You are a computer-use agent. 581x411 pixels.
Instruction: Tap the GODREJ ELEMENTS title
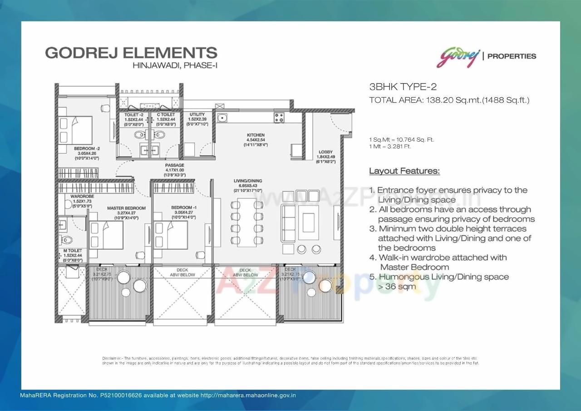(x=131, y=52)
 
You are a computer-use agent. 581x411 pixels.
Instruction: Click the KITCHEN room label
(x=256, y=135)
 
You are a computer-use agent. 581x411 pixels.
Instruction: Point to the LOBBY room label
(x=325, y=152)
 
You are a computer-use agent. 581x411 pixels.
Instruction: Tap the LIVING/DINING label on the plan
(x=248, y=181)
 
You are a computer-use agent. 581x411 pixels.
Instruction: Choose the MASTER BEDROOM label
(x=126, y=208)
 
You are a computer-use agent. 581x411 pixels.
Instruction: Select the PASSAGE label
(x=174, y=165)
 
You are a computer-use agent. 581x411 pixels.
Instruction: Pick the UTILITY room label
(x=197, y=114)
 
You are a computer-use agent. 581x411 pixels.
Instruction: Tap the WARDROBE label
(x=82, y=196)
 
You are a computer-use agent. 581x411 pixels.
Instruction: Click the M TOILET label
(x=73, y=251)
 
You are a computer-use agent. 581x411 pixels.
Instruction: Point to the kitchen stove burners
(x=279, y=118)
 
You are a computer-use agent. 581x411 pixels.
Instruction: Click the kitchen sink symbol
(x=222, y=118)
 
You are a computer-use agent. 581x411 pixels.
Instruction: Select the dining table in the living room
(x=247, y=223)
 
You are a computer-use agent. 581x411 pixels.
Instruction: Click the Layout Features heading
(x=404, y=171)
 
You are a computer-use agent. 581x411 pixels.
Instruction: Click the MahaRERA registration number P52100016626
(x=120, y=395)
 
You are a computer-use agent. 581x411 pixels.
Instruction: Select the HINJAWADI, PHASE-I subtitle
(x=175, y=65)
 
